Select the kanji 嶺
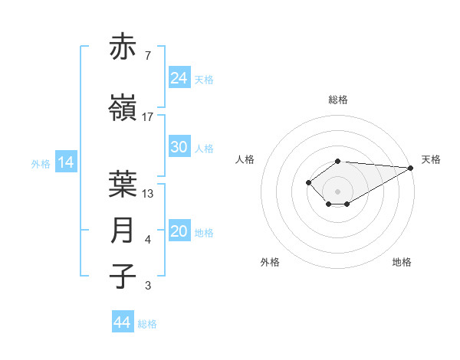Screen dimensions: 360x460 [123, 109]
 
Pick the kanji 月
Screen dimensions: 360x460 [123, 231]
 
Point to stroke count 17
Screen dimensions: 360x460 [148, 117]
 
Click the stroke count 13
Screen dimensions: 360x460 [148, 193]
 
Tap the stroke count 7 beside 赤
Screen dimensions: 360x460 [148, 56]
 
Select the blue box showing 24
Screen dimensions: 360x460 [179, 77]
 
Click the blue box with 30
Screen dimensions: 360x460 [179, 147]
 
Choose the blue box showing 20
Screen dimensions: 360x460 [179, 232]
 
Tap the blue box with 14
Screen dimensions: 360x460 [65, 162]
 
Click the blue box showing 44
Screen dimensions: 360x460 [123, 322]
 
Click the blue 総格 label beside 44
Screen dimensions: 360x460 [148, 324]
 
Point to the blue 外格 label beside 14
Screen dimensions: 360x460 [41, 163]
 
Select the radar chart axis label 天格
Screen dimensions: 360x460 [431, 159]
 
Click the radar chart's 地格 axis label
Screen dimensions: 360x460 [402, 262]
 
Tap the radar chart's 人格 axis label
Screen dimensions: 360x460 [245, 159]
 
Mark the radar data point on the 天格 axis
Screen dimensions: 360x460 [411, 168]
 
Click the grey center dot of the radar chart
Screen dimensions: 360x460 [337, 191]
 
